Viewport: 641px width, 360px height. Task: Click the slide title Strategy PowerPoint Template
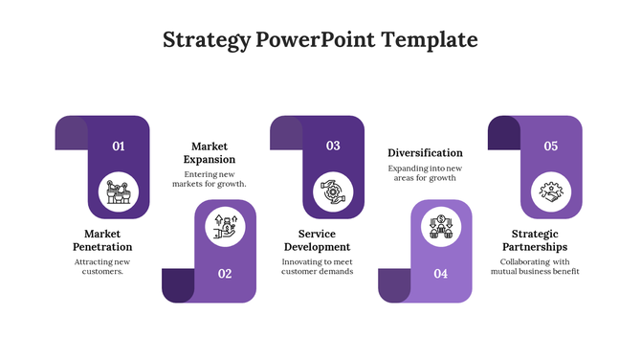[320, 40]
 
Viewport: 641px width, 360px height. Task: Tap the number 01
[119, 146]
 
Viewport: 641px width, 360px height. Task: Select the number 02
[225, 274]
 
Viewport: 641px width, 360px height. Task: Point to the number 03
[333, 146]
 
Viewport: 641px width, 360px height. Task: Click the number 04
[440, 274]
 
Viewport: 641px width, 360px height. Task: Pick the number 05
[551, 146]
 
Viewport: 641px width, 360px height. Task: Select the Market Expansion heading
[212, 152]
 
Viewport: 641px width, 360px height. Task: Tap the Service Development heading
[317, 240]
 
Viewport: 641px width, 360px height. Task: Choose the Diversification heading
[425, 153]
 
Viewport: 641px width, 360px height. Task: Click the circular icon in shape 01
[119, 192]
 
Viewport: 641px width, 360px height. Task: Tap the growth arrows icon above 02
[225, 228]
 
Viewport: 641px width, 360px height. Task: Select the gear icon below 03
[333, 192]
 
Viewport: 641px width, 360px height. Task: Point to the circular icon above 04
[440, 228]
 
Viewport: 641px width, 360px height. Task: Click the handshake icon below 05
[551, 192]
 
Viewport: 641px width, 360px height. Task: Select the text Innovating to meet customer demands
[317, 266]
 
